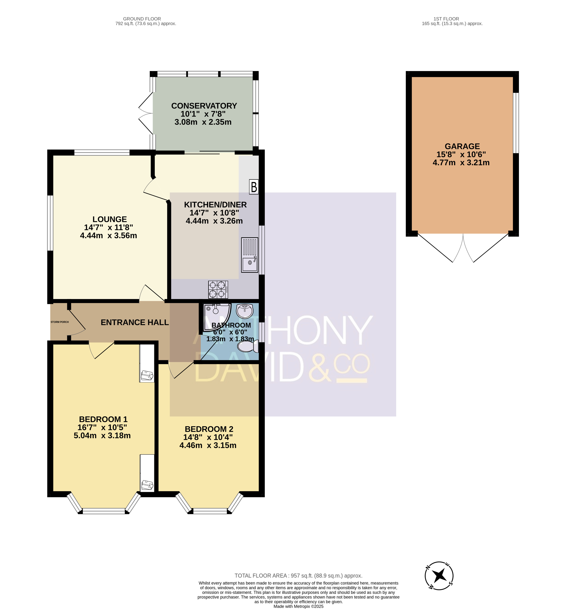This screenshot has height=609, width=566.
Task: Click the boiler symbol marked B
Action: [x=254, y=187]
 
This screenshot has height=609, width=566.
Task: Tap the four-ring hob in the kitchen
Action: [x=218, y=290]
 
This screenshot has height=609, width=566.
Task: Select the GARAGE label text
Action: [x=462, y=146]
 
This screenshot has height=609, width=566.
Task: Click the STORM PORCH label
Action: [x=60, y=322]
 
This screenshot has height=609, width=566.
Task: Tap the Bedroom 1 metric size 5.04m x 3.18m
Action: [x=102, y=435]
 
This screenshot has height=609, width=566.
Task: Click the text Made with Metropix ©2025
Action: [x=299, y=606]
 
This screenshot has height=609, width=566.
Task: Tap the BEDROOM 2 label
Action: [x=209, y=429]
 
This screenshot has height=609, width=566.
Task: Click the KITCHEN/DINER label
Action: [x=215, y=204]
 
